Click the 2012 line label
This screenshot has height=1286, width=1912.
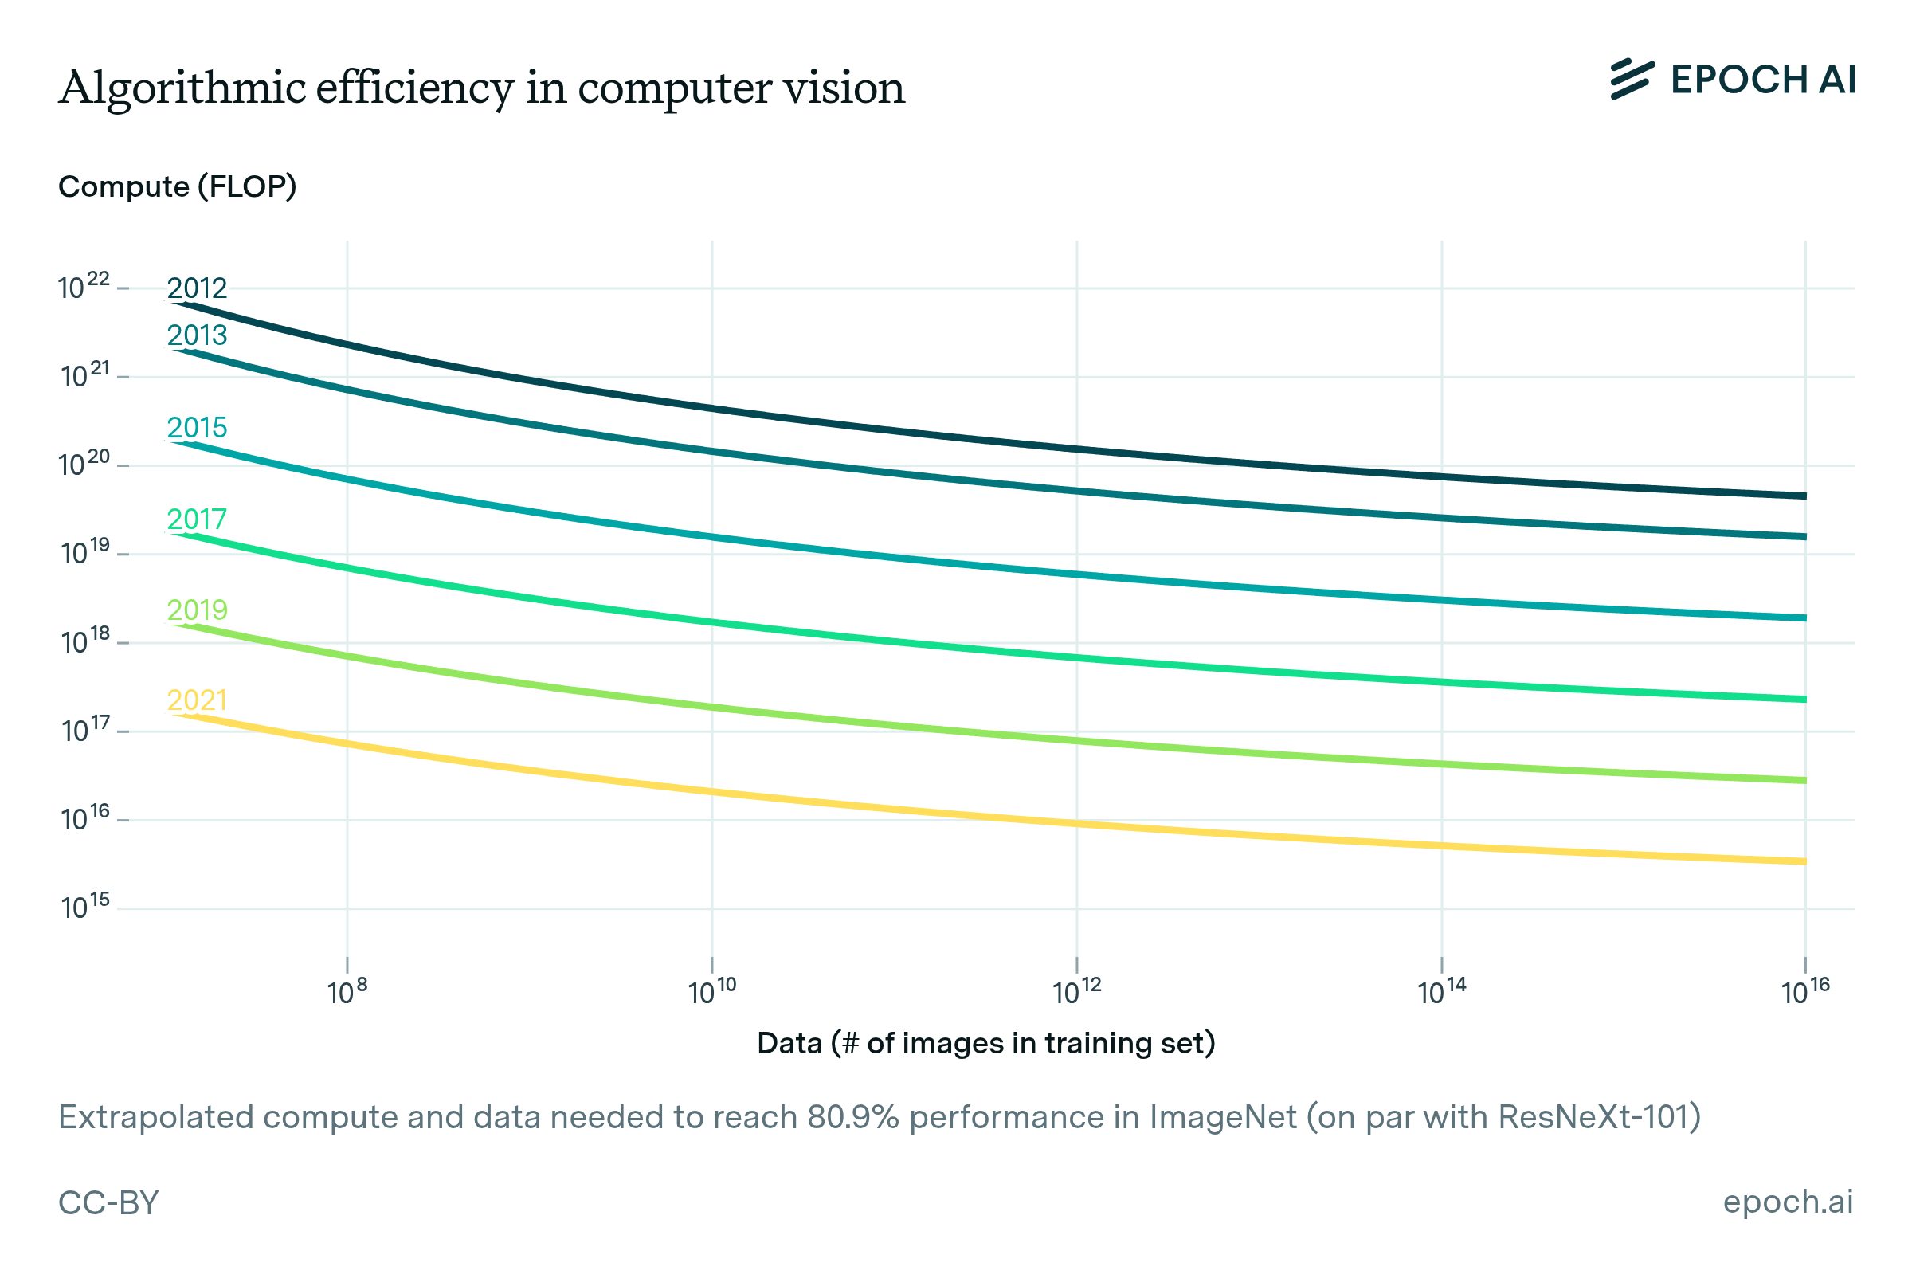197,288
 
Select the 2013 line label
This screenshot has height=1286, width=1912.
197,335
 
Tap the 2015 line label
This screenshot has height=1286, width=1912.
197,427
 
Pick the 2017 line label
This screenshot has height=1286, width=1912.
197,519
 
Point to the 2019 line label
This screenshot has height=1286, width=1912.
197,610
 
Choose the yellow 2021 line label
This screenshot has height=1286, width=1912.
197,700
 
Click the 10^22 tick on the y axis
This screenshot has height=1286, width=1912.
84,287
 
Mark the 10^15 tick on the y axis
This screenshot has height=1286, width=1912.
85,906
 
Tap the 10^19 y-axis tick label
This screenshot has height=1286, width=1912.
85,553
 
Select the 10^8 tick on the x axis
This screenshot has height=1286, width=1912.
347,991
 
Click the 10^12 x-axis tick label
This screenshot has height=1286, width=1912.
1076,991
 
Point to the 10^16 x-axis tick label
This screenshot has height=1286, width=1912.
1805,991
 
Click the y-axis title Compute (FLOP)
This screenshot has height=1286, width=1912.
177,187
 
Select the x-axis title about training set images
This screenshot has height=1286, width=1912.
985,1043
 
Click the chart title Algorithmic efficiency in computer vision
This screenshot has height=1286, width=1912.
482,88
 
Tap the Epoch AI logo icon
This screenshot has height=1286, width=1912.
1632,80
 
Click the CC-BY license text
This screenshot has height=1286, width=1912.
108,1202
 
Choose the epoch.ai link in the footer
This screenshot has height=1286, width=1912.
1788,1202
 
